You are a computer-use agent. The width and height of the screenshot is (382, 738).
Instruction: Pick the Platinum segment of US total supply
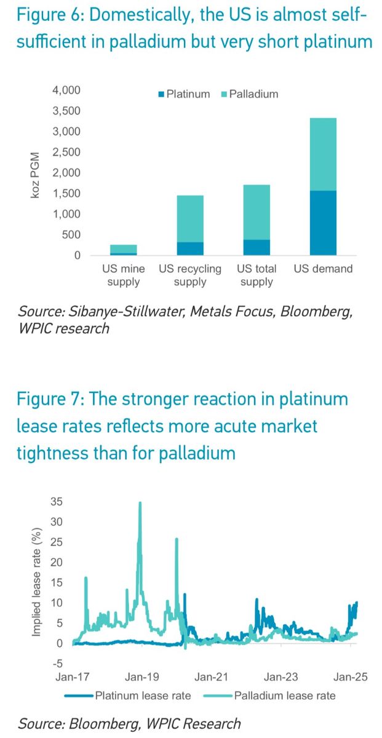(x=257, y=247)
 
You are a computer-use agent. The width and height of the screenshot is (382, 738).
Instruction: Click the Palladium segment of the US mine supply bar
(x=123, y=248)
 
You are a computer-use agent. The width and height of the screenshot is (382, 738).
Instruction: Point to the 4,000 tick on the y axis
(x=66, y=90)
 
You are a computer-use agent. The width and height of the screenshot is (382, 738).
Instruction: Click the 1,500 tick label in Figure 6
(x=66, y=194)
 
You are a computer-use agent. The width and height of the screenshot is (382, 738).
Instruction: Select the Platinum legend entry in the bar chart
(x=184, y=94)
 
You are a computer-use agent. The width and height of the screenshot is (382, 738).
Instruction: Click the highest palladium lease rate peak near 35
(x=140, y=503)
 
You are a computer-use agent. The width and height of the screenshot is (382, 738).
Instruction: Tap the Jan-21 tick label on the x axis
(x=212, y=677)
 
